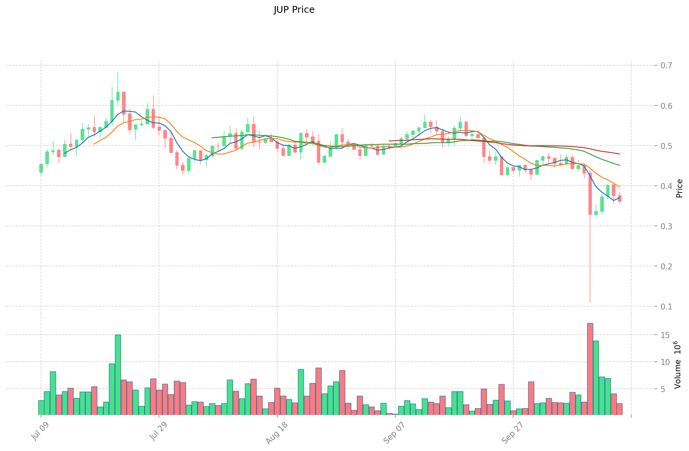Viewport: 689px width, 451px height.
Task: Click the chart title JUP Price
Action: click(294, 10)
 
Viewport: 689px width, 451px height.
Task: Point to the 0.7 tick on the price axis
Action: click(666, 66)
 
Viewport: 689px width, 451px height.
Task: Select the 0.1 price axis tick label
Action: click(666, 307)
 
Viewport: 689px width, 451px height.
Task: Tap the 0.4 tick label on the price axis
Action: click(666, 186)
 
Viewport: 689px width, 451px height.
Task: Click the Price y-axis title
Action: click(679, 188)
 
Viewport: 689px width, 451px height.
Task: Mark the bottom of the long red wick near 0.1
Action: click(590, 302)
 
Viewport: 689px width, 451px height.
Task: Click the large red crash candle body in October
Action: click(590, 193)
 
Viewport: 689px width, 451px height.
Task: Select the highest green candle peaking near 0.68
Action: click(118, 96)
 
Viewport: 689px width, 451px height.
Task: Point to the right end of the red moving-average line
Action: click(619, 154)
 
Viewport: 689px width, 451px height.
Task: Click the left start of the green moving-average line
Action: click(212, 138)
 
